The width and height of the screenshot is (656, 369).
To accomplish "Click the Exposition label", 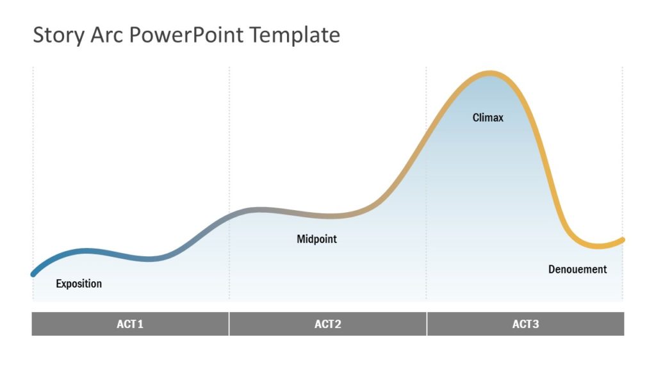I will (79, 284).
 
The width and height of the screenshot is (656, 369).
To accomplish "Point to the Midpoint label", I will (316, 239).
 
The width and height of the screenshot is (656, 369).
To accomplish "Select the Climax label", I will (488, 118).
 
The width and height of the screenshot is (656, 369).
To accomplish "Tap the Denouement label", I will (577, 270).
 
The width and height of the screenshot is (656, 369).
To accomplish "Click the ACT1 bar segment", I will (130, 324).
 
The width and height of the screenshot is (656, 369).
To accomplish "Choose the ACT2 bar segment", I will (328, 324).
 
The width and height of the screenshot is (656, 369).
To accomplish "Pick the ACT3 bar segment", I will (525, 324).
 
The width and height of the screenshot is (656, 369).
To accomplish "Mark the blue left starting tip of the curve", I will (34, 274).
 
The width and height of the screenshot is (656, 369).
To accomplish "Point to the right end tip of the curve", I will (622, 240).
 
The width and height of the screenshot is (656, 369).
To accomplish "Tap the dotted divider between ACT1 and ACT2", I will (229, 160).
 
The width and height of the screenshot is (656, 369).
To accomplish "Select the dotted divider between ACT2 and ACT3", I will (427, 192).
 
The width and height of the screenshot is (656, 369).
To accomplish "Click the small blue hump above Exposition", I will (90, 250).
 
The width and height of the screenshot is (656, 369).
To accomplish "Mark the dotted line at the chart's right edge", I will (623, 160).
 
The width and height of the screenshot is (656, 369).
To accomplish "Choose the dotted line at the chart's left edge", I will (33, 160).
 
